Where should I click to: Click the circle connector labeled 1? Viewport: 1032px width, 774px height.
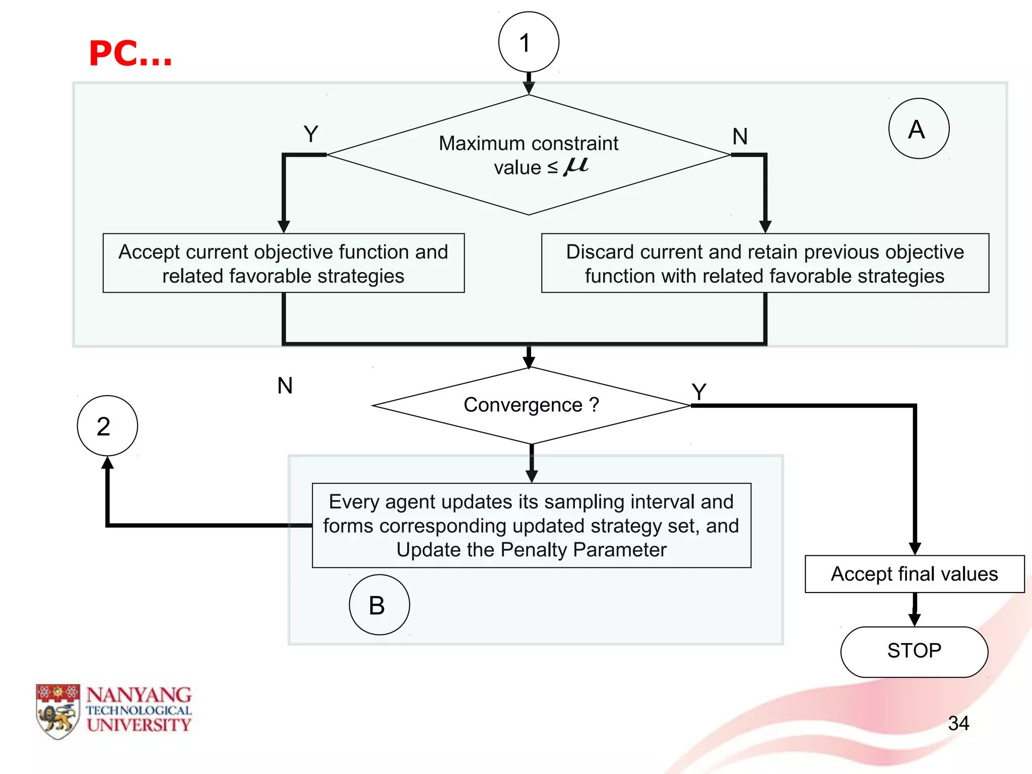pos(529,42)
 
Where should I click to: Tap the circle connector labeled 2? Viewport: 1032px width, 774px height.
pos(107,426)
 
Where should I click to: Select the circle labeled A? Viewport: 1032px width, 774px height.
pos(919,128)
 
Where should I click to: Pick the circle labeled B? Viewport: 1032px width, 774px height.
pos(379,605)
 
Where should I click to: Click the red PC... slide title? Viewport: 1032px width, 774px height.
pos(131,53)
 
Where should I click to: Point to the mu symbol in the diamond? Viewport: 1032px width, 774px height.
pos(576,165)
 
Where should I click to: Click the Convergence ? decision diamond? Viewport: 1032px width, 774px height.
pos(531,405)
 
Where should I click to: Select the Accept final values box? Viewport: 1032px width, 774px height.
pos(914,574)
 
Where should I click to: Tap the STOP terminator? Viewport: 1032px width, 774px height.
pos(914,651)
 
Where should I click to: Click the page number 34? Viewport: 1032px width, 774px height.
pos(958,724)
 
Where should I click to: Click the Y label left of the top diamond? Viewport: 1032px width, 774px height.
pos(311,134)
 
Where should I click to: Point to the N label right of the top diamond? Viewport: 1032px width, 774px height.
pos(740,137)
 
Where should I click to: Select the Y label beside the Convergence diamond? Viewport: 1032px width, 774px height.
pos(699,392)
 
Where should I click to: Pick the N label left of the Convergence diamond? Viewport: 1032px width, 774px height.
pos(285,386)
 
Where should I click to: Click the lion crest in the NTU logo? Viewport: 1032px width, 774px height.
pos(57,712)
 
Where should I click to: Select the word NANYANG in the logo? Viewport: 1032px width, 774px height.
pos(139,695)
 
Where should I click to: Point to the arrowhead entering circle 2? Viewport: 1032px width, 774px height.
pos(107,463)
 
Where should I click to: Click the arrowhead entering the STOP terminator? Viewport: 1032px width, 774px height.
pos(915,619)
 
